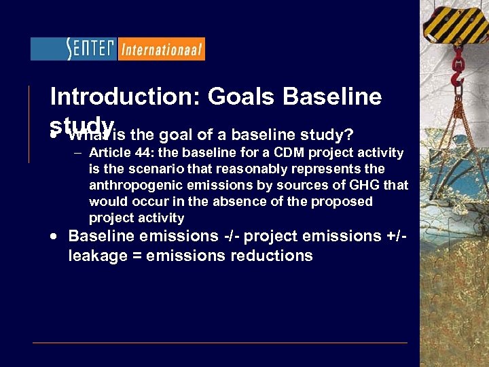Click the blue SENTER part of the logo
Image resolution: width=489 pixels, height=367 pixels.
point(74,49)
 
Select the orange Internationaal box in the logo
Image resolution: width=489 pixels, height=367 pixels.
point(161,49)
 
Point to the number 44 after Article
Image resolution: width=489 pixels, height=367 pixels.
point(142,152)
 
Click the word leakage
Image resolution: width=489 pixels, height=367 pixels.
point(95,256)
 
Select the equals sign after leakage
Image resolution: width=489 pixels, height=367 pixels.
point(132,256)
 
